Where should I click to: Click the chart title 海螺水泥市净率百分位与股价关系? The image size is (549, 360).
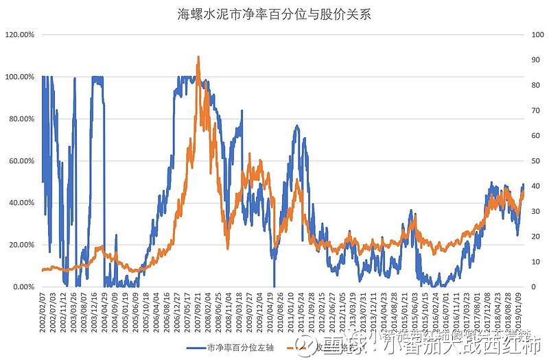point(274,14)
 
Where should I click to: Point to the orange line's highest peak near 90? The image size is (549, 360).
point(198,58)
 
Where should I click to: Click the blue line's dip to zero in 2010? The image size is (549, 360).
point(274,285)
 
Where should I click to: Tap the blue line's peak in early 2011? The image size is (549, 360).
point(296,127)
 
